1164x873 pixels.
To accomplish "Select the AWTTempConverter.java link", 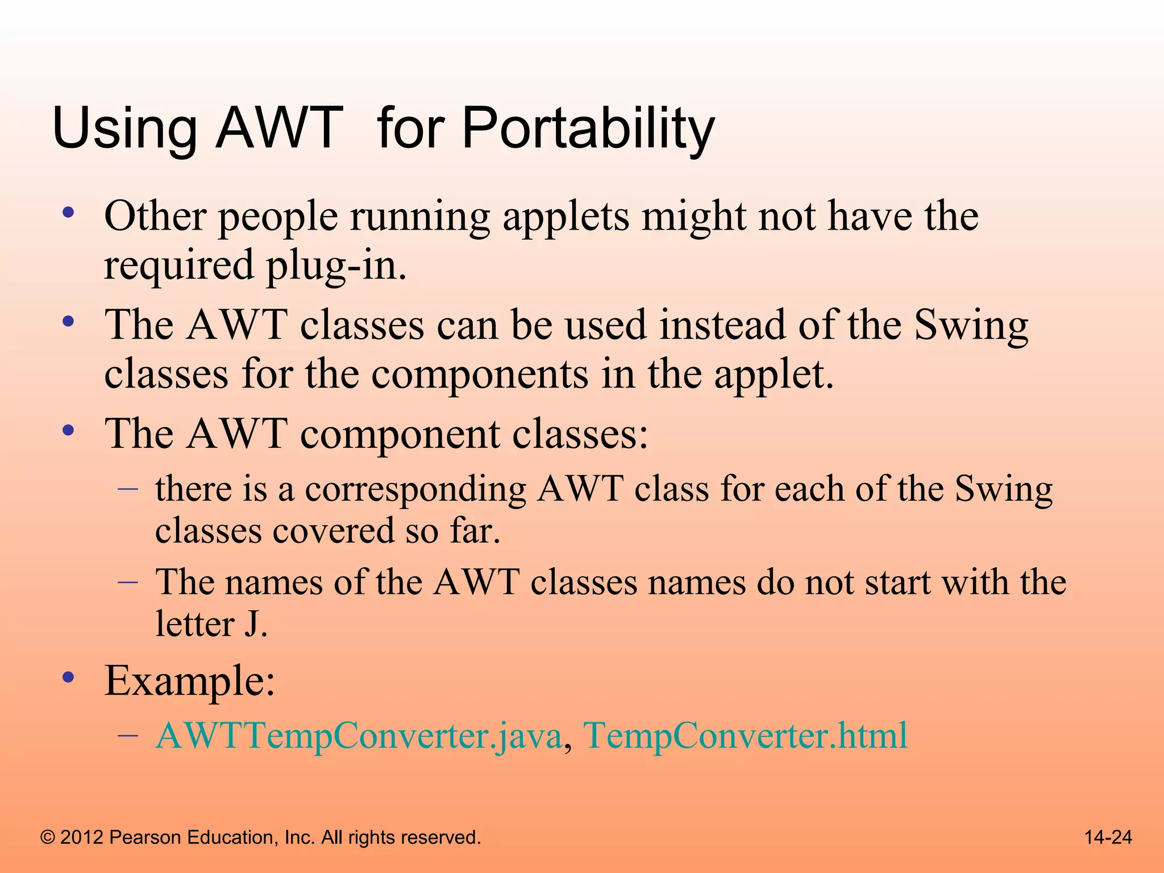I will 359,735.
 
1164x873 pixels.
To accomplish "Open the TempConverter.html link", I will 745,735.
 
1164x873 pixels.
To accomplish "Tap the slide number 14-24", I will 1108,837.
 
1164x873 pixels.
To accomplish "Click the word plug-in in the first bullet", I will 335,265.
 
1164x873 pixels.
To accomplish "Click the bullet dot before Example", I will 69,676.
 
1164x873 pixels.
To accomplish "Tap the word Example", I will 189,681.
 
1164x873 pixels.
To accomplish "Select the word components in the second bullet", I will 480,375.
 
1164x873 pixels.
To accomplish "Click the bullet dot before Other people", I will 69,213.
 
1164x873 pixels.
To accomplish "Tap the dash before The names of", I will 128,582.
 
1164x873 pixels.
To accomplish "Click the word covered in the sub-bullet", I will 333,531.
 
